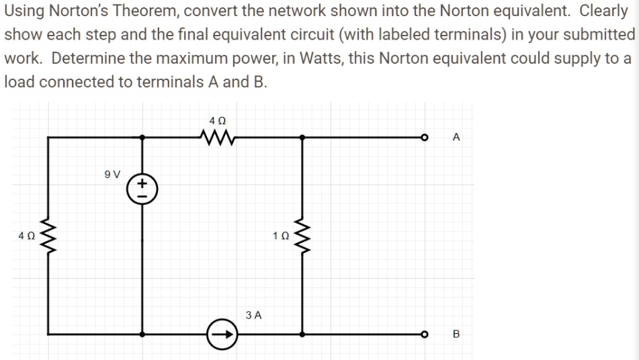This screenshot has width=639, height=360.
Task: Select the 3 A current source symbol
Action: [x=224, y=333]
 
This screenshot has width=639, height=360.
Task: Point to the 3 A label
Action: [x=254, y=314]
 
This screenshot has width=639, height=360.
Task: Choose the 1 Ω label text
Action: [x=280, y=236]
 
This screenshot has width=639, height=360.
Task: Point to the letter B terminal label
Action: [x=456, y=334]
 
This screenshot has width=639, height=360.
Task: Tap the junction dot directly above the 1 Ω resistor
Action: [x=303, y=138]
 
